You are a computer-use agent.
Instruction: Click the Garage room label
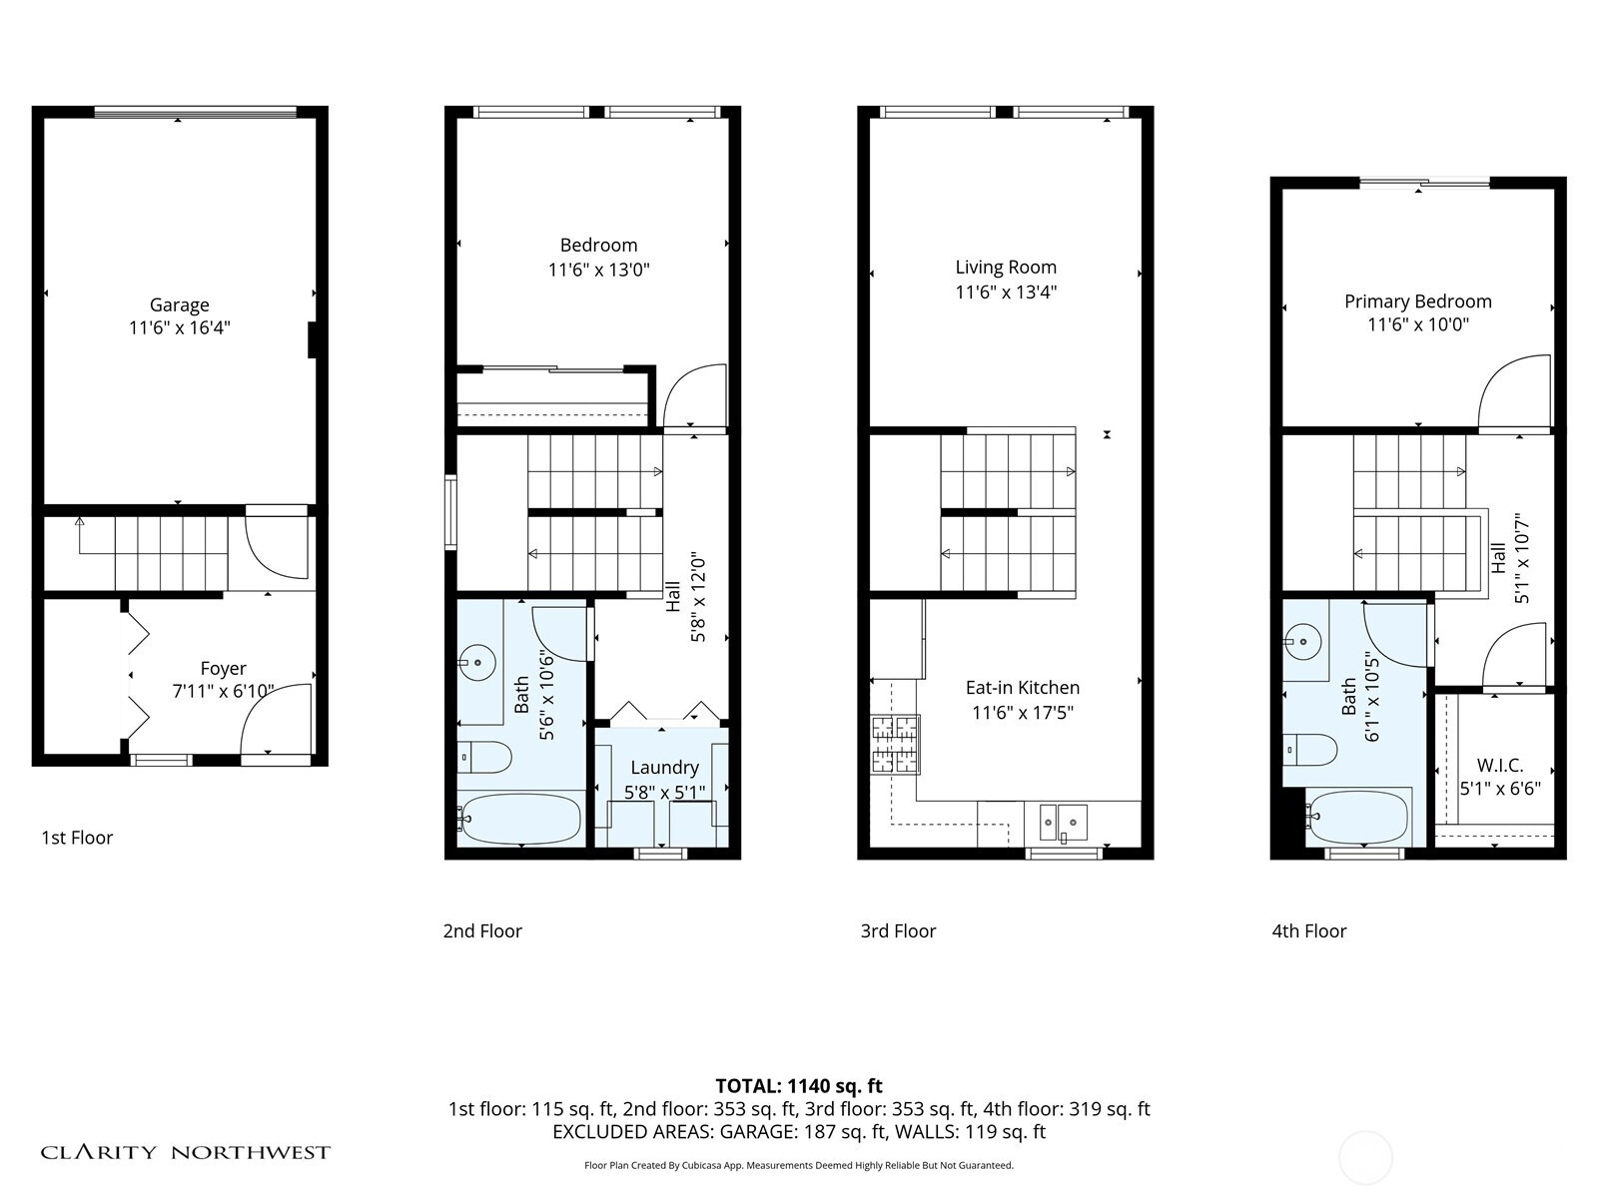(x=180, y=305)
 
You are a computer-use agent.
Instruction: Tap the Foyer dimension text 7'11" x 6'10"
(x=223, y=691)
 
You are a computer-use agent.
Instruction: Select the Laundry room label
(x=664, y=768)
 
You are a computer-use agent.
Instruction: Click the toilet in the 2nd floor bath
(x=485, y=757)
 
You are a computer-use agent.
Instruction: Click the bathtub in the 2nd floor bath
(x=520, y=820)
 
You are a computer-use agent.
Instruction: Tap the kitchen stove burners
(x=895, y=745)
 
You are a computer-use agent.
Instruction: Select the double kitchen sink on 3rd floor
(x=1062, y=823)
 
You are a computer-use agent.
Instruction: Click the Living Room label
(x=1006, y=268)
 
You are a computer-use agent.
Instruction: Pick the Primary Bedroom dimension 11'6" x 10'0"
(x=1418, y=324)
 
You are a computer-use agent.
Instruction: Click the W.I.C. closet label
(x=1500, y=766)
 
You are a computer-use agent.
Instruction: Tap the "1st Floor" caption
(x=77, y=838)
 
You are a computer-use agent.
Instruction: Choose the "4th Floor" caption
(x=1309, y=931)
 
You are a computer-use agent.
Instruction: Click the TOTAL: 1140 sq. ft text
(x=799, y=1086)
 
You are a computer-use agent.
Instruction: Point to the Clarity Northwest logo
(x=185, y=1153)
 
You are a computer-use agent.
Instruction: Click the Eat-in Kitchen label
(x=1023, y=688)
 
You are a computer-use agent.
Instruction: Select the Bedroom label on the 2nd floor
(x=598, y=246)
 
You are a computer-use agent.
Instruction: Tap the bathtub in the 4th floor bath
(x=1358, y=819)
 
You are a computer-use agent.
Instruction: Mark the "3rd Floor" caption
(x=898, y=931)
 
